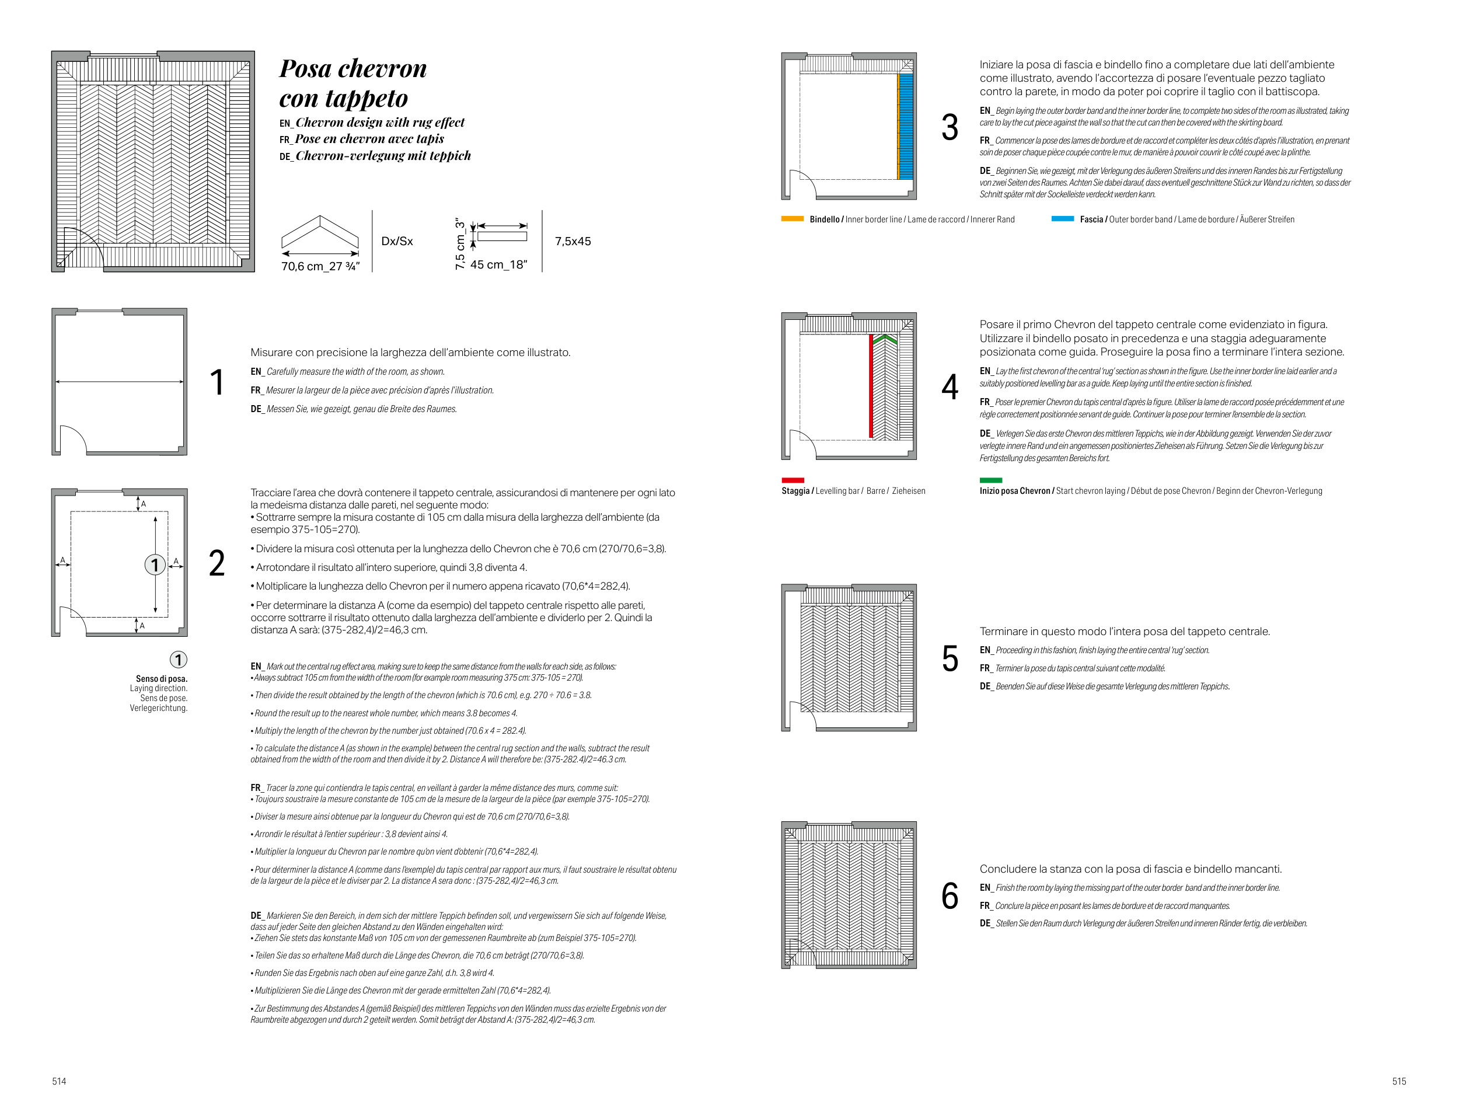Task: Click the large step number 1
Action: [217, 382]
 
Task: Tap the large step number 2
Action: [217, 563]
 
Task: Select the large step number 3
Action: [950, 127]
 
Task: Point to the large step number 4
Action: [950, 387]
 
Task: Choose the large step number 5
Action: [950, 658]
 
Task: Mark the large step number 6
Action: [950, 895]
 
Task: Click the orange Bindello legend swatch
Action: [792, 218]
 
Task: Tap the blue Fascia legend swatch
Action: [1062, 218]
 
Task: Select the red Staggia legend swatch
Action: [793, 480]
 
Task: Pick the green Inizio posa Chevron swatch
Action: [990, 480]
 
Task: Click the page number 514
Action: [59, 1081]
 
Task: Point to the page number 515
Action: [1399, 1081]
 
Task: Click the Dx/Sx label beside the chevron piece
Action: [397, 242]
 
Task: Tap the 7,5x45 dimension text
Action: [573, 242]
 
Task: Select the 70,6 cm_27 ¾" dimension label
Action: [320, 266]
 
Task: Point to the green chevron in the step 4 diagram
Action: [885, 339]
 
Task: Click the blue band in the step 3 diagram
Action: [906, 126]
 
